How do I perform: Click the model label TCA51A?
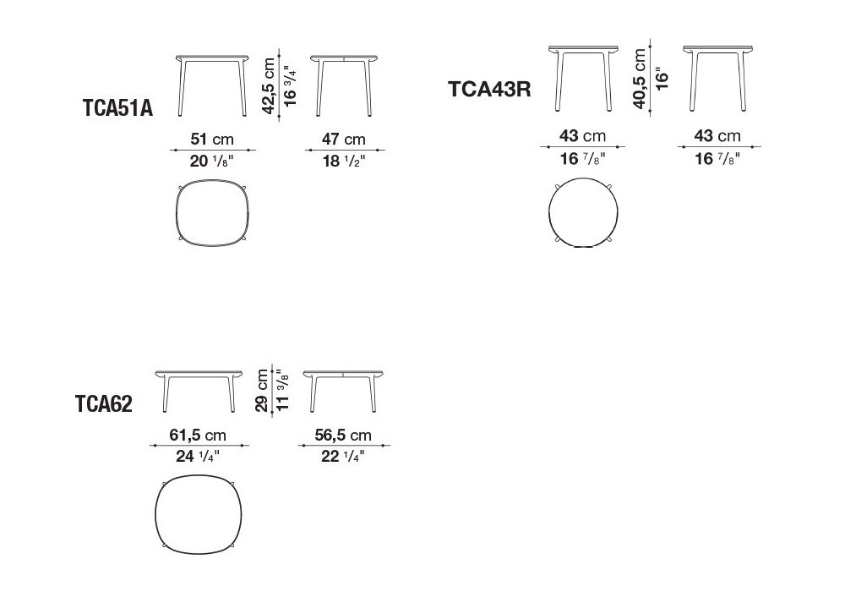click(x=117, y=108)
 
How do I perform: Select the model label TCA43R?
click(x=489, y=89)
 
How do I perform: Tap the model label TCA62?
click(x=103, y=403)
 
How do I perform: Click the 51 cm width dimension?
click(x=212, y=139)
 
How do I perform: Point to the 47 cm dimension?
click(x=344, y=139)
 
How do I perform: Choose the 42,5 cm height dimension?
click(x=269, y=85)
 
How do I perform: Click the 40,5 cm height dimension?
click(x=640, y=79)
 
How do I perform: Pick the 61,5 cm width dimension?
click(x=198, y=435)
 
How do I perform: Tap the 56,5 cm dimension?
click(x=343, y=435)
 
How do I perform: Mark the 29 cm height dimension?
click(x=262, y=391)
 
